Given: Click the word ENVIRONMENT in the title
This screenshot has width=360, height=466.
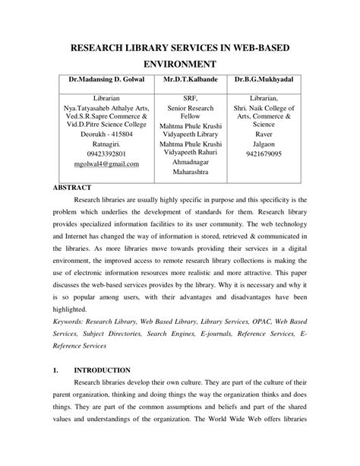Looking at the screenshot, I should [180, 65].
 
